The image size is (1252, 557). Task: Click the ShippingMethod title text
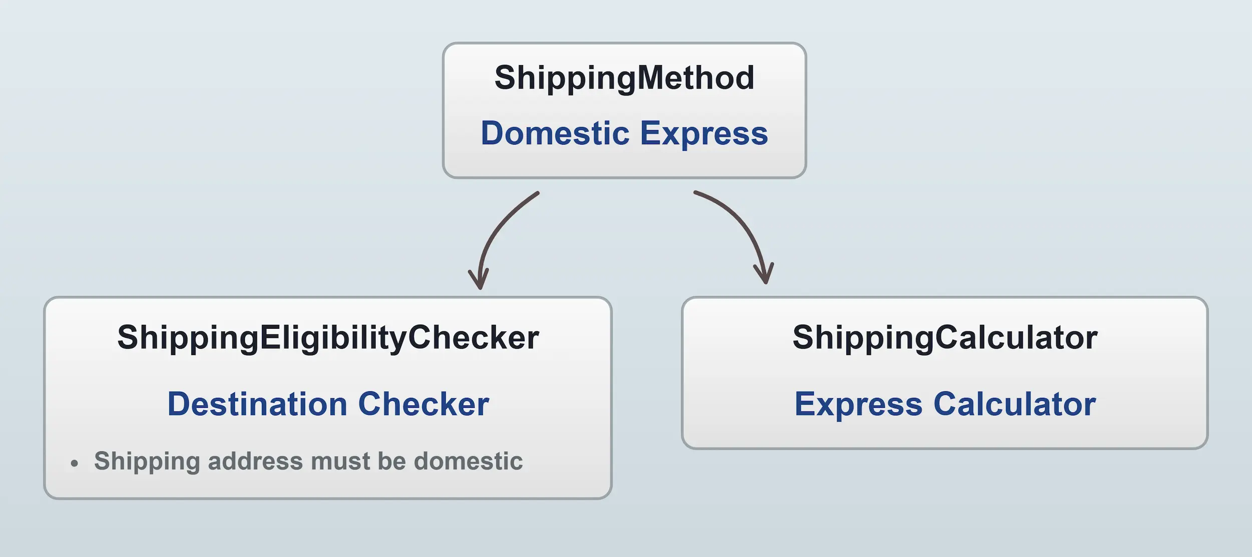click(x=624, y=79)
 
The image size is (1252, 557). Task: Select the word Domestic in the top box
click(x=555, y=134)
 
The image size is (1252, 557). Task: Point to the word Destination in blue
click(x=257, y=404)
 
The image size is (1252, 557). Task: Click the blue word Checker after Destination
click(x=424, y=404)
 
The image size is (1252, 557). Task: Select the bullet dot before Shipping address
click(x=75, y=463)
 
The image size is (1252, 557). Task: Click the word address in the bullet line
click(x=255, y=461)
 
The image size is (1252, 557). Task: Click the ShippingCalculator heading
click(x=945, y=338)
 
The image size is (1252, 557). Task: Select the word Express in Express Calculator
click(x=858, y=404)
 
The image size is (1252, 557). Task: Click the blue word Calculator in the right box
click(x=1015, y=404)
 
